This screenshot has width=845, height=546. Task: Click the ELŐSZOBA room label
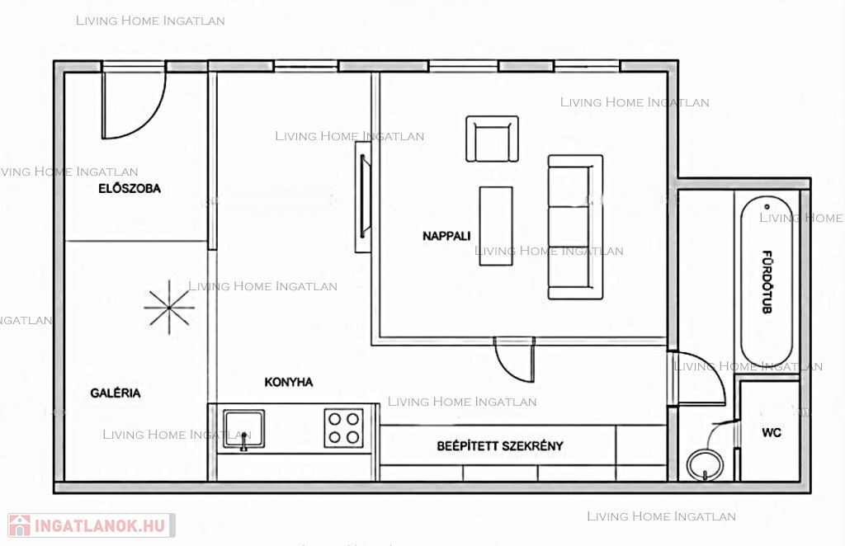coord(130,188)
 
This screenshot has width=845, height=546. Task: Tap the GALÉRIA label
coord(116,393)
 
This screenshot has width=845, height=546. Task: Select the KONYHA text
coord(288,382)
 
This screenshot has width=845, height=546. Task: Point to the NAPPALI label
coord(446,235)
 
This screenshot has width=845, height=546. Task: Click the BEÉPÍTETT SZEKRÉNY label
coord(499,445)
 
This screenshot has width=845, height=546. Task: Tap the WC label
coord(772,432)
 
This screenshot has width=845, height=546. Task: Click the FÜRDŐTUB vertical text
coord(767,281)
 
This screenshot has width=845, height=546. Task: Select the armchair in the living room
coord(492,139)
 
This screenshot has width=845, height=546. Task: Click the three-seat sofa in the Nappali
coord(575,227)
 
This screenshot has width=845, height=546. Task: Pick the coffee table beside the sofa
coord(496,226)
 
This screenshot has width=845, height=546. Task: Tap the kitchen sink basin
coord(244,429)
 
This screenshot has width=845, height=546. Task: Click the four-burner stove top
coord(344,428)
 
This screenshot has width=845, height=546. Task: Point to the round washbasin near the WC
coord(706,465)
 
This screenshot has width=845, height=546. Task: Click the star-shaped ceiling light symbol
coord(169,307)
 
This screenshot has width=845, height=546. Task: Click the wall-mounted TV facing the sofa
coord(364,197)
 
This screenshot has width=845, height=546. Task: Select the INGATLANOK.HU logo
coord(91,525)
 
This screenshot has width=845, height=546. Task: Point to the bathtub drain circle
coord(767,206)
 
